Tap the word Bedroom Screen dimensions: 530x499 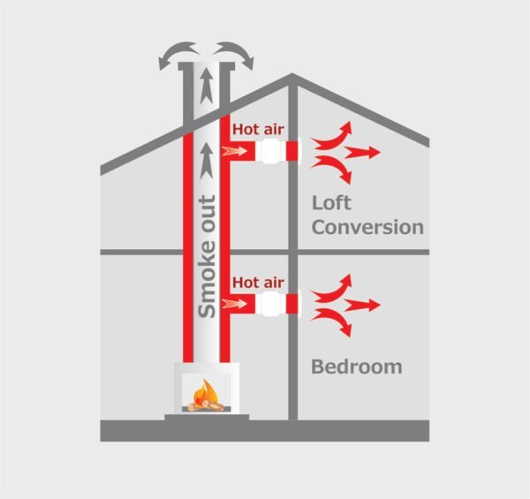pos(357,367)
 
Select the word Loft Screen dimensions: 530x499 pos(331,203)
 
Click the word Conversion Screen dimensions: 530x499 pos(367,227)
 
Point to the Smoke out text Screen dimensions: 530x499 pos(207,257)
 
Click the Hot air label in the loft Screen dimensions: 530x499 pos(258,130)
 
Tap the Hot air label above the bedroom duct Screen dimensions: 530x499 pos(258,283)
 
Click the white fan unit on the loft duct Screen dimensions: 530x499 pos(271,151)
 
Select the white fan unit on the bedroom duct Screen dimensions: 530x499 pos(271,304)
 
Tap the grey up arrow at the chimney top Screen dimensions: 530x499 pos(207,86)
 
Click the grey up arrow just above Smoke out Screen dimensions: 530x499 pos(207,161)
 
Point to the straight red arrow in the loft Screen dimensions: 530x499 pos(362,153)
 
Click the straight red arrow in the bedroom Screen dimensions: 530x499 pos(362,306)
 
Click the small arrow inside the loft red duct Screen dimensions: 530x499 pos(234,151)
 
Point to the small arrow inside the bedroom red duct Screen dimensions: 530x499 pos(234,304)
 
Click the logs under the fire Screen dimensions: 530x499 pos(206,406)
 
